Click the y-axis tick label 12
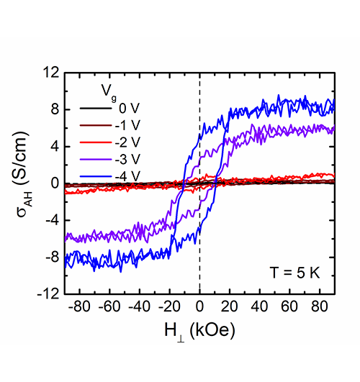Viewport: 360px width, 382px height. pyautogui.click(x=51, y=73)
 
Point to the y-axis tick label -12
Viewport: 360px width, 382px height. pyautogui.click(x=48, y=294)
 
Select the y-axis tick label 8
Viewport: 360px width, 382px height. pyautogui.click(x=55, y=109)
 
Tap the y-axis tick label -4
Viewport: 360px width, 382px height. pyautogui.click(x=53, y=220)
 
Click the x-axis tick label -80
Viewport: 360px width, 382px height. pyautogui.click(x=79, y=306)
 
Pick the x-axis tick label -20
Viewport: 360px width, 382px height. pyautogui.click(x=169, y=306)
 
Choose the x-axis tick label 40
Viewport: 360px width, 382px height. pyautogui.click(x=259, y=306)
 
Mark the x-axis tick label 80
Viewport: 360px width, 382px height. pyautogui.click(x=320, y=306)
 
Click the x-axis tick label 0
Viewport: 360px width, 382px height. pyautogui.click(x=199, y=306)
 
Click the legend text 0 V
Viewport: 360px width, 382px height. pyautogui.click(x=130, y=108)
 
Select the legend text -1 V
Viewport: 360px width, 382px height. pyautogui.click(x=127, y=125)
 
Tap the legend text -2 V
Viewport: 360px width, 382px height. pyautogui.click(x=127, y=142)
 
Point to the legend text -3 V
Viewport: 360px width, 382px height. pyautogui.click(x=127, y=159)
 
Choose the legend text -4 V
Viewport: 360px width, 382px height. pyautogui.click(x=127, y=176)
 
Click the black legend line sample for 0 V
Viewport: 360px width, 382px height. pyautogui.click(x=95, y=109)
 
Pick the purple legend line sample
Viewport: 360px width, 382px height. pyautogui.click(x=95, y=159)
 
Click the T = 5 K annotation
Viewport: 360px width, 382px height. pyautogui.click(x=294, y=273)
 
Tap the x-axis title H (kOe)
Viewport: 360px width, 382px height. pyautogui.click(x=199, y=332)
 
